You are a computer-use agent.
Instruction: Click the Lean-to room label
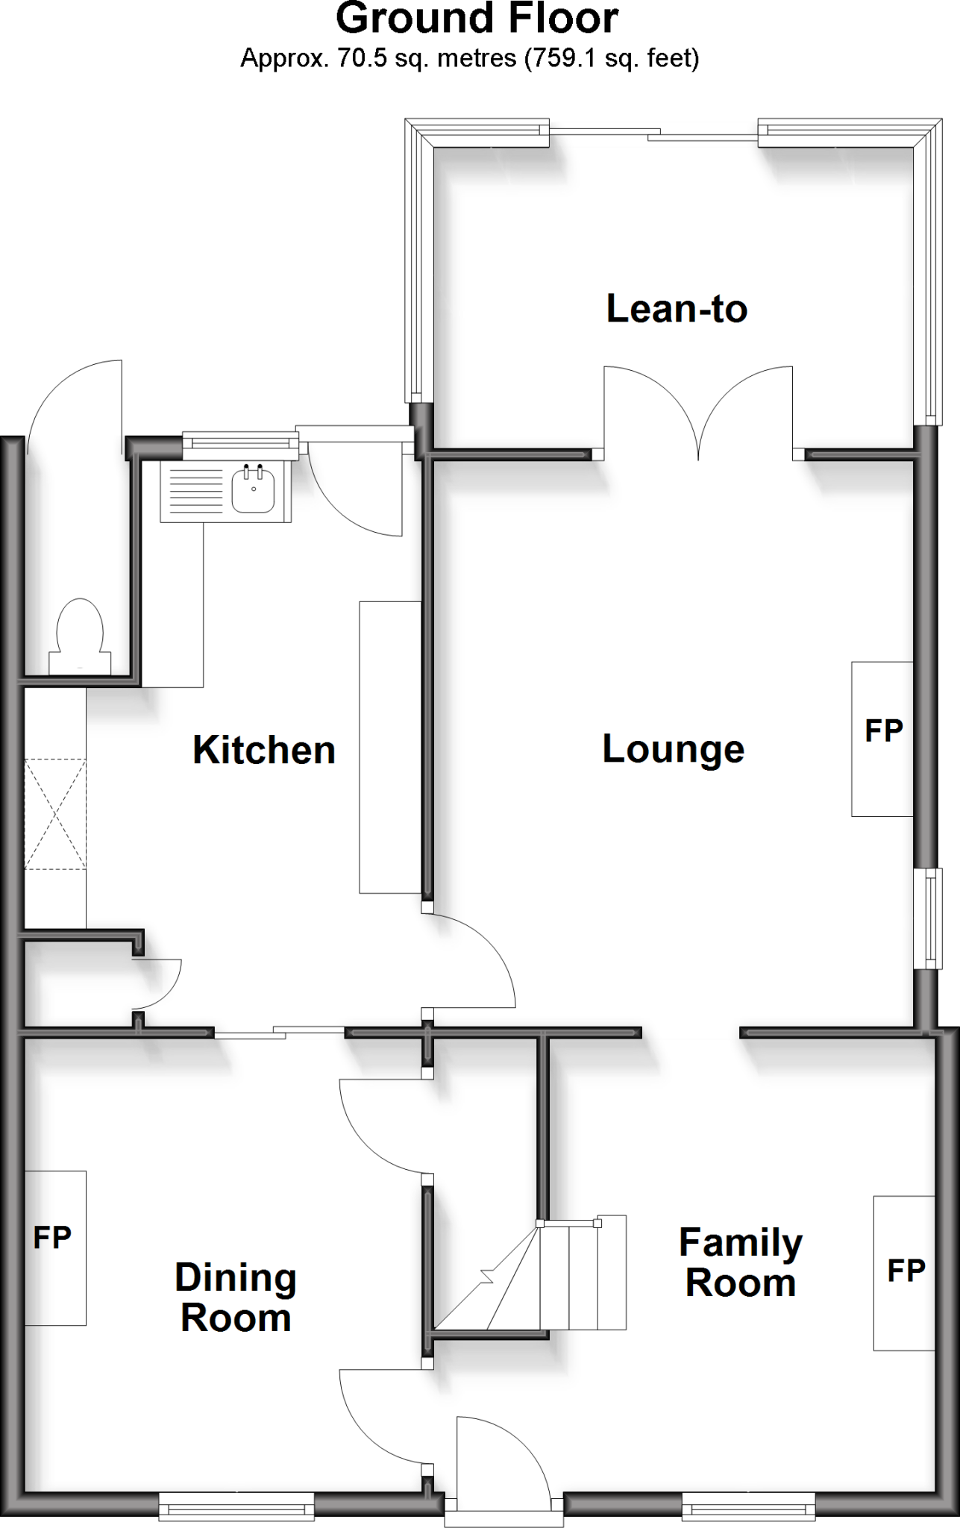point(677,309)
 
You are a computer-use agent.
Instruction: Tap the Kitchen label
point(264,750)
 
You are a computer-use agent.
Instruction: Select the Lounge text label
point(673,749)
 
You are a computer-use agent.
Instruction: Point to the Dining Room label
point(236,1297)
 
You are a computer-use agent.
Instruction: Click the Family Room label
point(740,1262)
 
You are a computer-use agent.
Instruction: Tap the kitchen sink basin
point(253,490)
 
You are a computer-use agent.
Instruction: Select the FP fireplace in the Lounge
point(883,738)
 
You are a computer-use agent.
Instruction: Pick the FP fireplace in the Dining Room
point(54,1247)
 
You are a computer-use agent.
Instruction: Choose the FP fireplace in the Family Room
point(904,1272)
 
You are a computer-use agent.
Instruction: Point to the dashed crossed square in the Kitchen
point(55,814)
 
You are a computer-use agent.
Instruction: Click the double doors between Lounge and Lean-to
point(698,410)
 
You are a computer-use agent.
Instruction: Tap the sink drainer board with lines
point(193,490)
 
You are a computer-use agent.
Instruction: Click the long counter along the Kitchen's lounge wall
point(389,747)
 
